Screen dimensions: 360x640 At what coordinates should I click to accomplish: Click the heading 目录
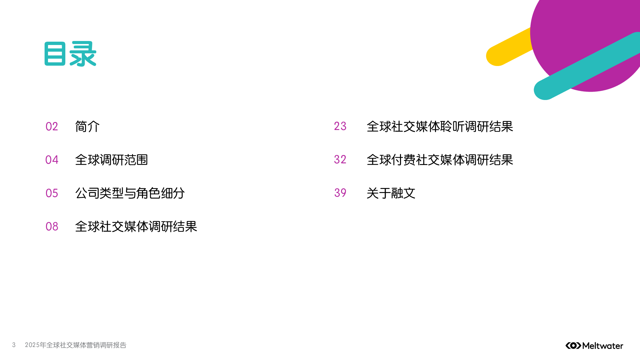click(x=70, y=54)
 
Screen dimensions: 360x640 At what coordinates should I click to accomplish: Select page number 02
click(x=52, y=127)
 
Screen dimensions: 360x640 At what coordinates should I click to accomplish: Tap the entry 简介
click(x=87, y=127)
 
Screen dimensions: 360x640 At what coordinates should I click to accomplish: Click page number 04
click(x=52, y=160)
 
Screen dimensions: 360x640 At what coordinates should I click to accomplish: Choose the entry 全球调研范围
click(x=111, y=160)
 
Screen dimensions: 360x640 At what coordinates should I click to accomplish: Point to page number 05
click(x=52, y=193)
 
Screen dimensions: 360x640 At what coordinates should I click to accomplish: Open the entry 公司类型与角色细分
click(x=130, y=193)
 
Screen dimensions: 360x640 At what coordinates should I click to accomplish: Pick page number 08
click(x=52, y=227)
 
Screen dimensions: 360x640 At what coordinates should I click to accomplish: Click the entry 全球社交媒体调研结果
click(x=136, y=227)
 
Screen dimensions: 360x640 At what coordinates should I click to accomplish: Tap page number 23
click(x=340, y=126)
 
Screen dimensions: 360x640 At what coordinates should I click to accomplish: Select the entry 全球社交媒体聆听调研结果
click(x=440, y=127)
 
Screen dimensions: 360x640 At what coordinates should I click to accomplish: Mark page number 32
click(x=340, y=160)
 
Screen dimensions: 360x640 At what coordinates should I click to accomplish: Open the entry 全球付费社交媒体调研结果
click(x=440, y=160)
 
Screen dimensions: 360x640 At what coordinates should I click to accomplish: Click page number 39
click(x=340, y=193)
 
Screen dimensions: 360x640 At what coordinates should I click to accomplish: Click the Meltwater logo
click(x=594, y=346)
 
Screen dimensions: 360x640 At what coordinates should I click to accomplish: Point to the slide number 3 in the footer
click(x=14, y=345)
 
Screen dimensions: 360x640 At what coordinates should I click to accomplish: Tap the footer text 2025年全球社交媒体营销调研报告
click(x=76, y=345)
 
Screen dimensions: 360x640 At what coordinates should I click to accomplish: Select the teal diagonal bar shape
click(x=587, y=67)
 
